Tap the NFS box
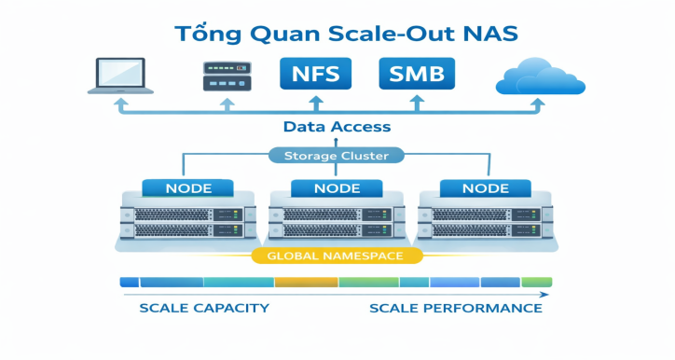point(315,73)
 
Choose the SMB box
point(417,73)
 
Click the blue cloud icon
point(540,76)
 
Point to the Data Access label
point(337,127)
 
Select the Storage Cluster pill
point(337,156)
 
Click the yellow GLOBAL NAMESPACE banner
point(338,255)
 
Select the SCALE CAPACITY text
point(204,308)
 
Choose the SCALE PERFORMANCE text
point(455,308)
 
